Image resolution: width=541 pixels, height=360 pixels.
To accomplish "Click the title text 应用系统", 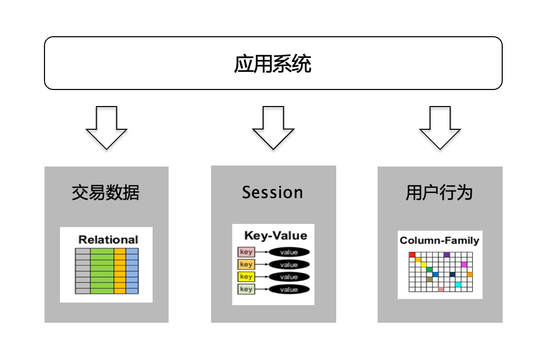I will coord(273,65).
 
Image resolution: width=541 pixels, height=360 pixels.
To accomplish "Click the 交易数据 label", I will coord(106,193).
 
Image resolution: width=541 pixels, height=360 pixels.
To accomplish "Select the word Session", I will coord(273,192).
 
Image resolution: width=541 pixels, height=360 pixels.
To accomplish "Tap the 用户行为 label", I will coord(440,193).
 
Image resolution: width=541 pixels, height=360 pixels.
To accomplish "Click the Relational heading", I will coord(108,239).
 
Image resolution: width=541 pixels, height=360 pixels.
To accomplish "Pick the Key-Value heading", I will coord(275,236).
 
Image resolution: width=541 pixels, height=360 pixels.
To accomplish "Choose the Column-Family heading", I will coord(440,241).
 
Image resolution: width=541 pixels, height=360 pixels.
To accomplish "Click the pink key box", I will coord(246,252).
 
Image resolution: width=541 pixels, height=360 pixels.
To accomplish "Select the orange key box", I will coord(246,264).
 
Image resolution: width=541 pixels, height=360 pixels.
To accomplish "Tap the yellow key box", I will coord(246,277).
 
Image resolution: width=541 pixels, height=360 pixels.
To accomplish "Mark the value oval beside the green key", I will coord(289,290).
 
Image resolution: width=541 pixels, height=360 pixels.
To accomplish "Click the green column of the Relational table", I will coord(102,271).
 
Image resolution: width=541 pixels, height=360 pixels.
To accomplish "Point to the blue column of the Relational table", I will coord(132,271).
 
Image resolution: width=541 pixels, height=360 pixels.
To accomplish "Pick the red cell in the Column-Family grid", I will coord(412,254).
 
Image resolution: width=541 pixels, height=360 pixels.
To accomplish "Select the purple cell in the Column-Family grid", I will coord(447,254).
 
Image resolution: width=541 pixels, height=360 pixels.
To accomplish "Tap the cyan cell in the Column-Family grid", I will coord(458,284).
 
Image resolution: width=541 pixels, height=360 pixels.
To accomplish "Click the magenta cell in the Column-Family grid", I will coord(464,264).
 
